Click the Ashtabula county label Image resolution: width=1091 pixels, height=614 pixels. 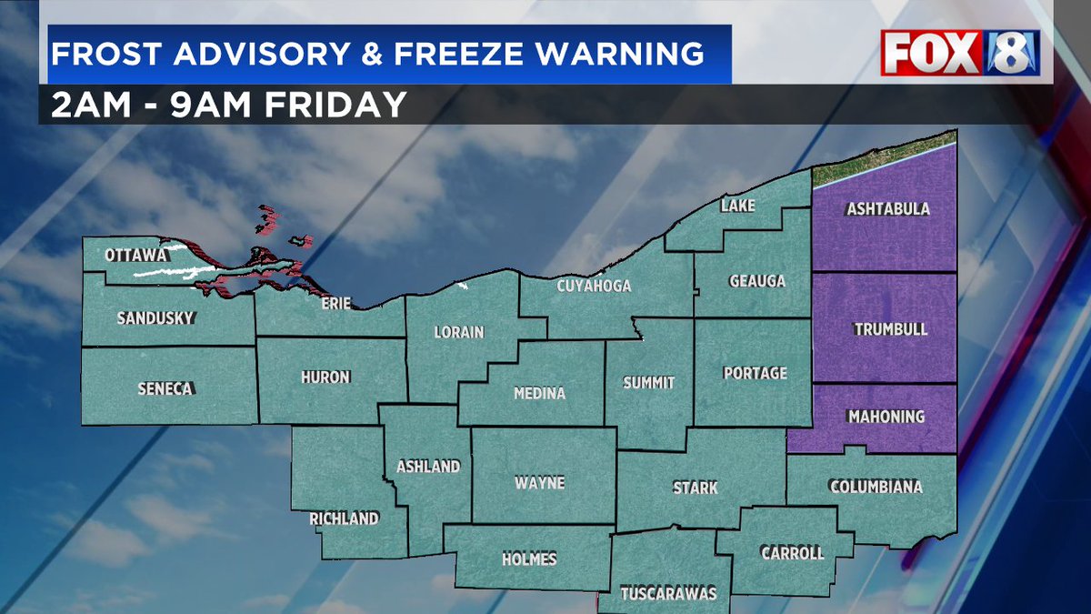(887, 209)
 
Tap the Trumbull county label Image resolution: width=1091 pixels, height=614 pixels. (890, 329)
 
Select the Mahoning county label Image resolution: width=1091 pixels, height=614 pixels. (886, 417)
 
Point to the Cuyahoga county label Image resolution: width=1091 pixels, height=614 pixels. (594, 287)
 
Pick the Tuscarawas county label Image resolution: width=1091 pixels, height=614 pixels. (668, 594)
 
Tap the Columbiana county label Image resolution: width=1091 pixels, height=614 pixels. (875, 488)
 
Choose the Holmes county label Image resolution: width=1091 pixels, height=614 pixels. (528, 559)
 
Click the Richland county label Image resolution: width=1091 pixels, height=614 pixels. (343, 518)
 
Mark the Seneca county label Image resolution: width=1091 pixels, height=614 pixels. (165, 388)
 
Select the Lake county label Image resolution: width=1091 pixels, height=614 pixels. (737, 206)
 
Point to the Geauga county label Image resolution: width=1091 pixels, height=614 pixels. (756, 281)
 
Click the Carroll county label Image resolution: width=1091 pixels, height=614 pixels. (793, 553)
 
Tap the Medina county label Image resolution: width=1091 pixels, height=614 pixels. (538, 394)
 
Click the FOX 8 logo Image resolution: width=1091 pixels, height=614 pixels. (960, 53)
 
